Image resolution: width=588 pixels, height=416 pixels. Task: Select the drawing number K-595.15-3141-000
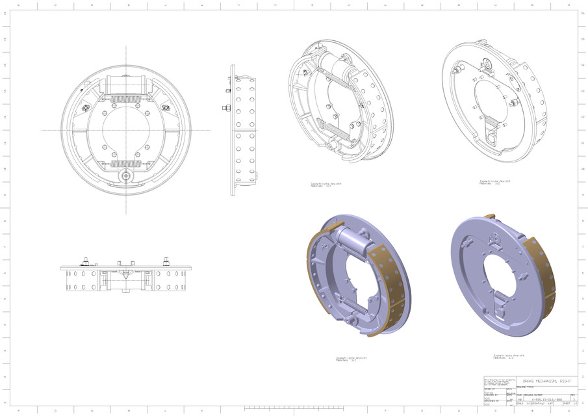tap(546, 398)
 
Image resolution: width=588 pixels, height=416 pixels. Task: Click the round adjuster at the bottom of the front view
tap(125, 175)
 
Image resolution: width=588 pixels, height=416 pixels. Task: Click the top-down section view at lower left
tap(126, 276)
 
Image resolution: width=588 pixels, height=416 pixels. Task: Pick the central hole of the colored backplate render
tap(500, 273)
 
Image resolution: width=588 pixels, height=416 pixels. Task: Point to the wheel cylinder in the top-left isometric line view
tap(335, 65)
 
